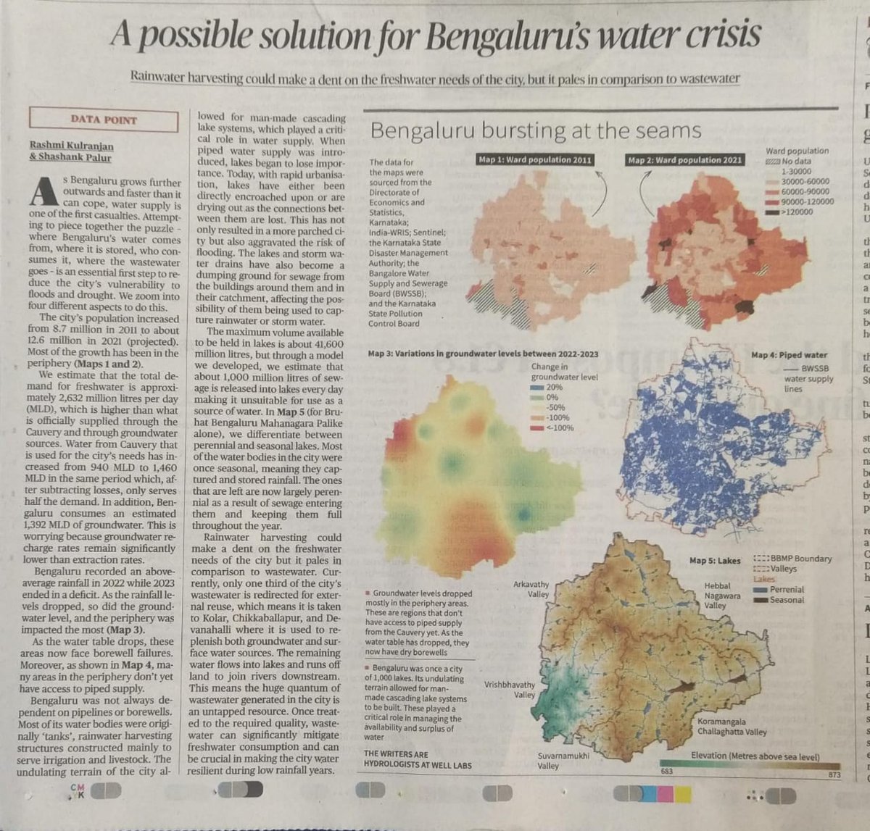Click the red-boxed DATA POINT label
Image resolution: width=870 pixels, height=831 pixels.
(104, 120)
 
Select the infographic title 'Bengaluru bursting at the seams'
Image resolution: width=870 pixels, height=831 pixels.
(536, 131)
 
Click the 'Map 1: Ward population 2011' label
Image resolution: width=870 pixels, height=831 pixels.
(536, 160)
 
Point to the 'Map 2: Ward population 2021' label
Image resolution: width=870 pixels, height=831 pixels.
(685, 160)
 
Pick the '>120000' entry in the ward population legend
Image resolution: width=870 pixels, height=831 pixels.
(797, 212)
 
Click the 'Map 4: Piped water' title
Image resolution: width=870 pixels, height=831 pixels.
(789, 355)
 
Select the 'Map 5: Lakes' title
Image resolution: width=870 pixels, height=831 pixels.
(715, 560)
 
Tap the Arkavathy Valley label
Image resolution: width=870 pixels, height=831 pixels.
(531, 589)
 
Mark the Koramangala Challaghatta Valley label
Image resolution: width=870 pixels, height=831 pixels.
(732, 727)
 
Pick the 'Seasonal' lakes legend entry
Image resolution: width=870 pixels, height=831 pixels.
(787, 600)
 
